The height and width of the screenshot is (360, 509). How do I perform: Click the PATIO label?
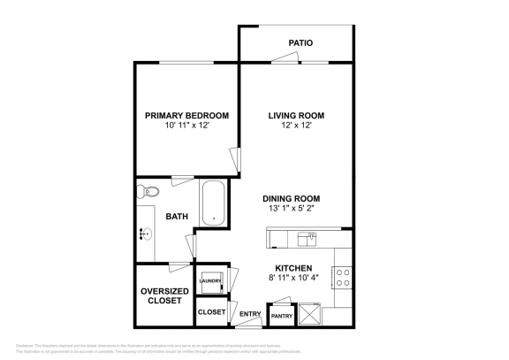(300, 42)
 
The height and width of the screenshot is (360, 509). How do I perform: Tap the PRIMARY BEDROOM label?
(186, 115)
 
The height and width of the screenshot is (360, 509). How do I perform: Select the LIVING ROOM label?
(296, 115)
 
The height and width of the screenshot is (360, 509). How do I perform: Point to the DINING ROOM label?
(291, 198)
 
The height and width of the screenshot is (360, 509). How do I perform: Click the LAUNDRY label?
(209, 281)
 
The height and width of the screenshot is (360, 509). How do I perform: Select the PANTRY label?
(281, 316)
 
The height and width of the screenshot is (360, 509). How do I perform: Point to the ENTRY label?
(250, 313)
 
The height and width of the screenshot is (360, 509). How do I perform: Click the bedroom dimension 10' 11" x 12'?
(186, 126)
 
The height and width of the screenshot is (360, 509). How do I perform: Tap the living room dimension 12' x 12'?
(296, 126)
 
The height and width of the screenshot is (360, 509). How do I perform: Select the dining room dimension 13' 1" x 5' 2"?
(291, 209)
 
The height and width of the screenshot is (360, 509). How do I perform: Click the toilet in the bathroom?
(148, 192)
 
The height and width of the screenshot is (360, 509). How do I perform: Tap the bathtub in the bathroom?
(213, 203)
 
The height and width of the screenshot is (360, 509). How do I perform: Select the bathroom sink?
(144, 234)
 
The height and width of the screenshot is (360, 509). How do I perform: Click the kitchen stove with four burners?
(342, 278)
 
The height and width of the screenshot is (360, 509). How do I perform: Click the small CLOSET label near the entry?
(211, 312)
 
